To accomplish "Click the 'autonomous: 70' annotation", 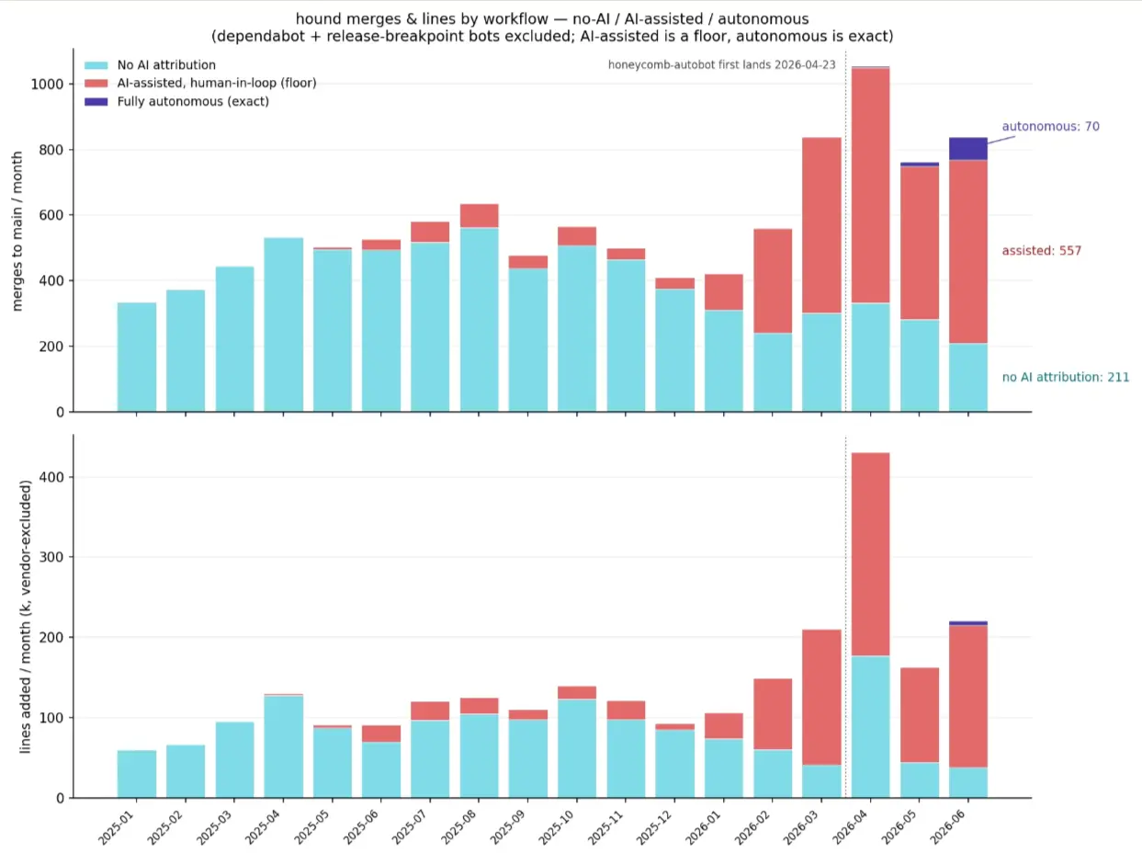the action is [x=1050, y=127].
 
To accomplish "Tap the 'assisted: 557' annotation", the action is [x=1042, y=251].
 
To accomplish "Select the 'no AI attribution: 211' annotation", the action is [x=1066, y=377].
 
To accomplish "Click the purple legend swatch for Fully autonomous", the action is [x=96, y=101].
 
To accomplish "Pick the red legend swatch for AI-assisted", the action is [x=96, y=84].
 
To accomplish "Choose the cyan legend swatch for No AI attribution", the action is [x=96, y=65].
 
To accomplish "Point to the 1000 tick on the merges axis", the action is [x=47, y=85].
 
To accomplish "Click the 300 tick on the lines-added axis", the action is [x=52, y=557].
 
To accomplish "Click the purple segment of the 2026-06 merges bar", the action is [x=968, y=149].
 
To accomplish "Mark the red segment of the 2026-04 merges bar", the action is [x=870, y=186].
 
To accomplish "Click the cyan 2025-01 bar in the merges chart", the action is [x=137, y=357].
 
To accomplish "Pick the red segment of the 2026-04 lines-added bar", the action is [x=870, y=554].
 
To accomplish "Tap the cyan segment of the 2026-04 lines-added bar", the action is [x=870, y=727].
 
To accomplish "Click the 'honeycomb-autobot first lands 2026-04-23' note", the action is [x=721, y=65].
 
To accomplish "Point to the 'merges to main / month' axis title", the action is [x=17, y=231].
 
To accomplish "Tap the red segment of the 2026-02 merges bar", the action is [x=773, y=281].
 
